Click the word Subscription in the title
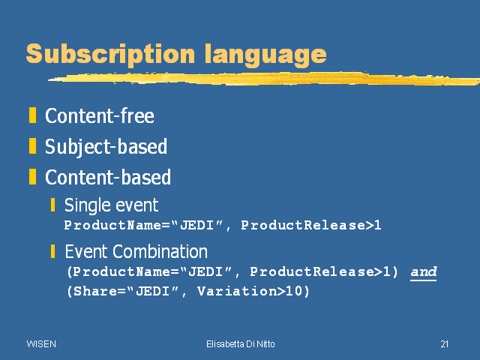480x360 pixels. pos(110,54)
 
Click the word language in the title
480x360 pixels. pos(265,55)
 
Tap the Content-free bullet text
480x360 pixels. pos(100,115)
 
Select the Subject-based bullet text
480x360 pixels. pos(106,147)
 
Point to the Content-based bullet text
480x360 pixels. pos(108,177)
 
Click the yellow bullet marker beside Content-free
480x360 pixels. pos(32,115)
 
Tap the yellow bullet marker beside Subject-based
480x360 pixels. pos(32,145)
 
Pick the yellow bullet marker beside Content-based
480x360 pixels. pos(32,177)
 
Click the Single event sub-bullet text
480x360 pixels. pos(112,205)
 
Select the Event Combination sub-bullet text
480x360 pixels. pos(136,252)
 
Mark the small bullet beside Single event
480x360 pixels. pos(53,205)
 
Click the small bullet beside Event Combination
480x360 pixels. pos(53,251)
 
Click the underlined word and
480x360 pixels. pos(424,271)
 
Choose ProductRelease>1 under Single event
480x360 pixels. pos(311,225)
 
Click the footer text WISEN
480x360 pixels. pos(41,344)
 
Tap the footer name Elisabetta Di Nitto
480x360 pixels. pos(241,344)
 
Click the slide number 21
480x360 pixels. pos(445,344)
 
